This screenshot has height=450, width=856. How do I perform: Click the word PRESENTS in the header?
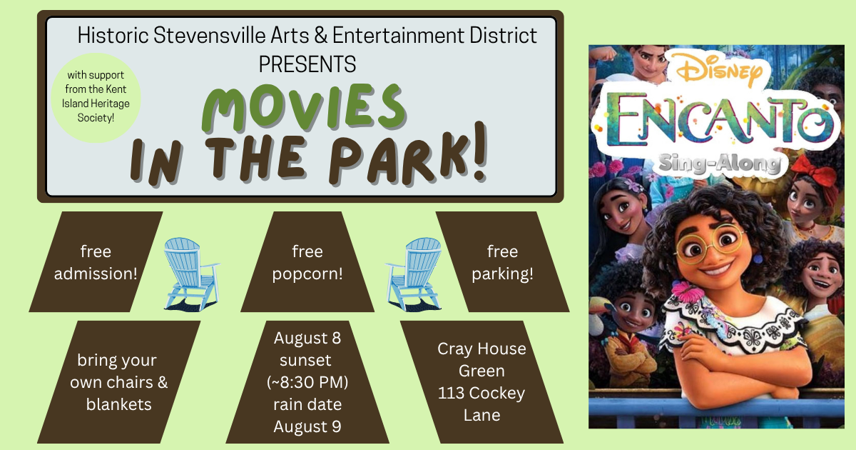[307, 64]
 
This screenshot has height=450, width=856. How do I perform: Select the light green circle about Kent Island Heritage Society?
[96, 98]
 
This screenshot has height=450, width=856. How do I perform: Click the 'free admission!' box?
[96, 261]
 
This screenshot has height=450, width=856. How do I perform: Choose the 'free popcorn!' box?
[307, 261]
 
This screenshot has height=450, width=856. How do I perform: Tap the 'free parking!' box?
[502, 261]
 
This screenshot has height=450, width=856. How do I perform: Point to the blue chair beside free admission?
[191, 273]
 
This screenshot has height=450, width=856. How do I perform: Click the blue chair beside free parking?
[414, 273]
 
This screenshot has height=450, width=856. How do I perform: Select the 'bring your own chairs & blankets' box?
[118, 382]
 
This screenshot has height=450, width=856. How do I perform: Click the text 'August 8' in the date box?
[307, 338]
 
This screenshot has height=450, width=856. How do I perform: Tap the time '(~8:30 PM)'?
[307, 382]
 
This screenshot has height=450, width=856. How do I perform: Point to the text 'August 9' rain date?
[307, 426]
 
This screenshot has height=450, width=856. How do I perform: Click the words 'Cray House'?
[481, 349]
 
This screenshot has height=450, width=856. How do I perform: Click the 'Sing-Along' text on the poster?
[719, 164]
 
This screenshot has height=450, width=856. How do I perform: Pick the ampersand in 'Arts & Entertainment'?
[321, 36]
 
